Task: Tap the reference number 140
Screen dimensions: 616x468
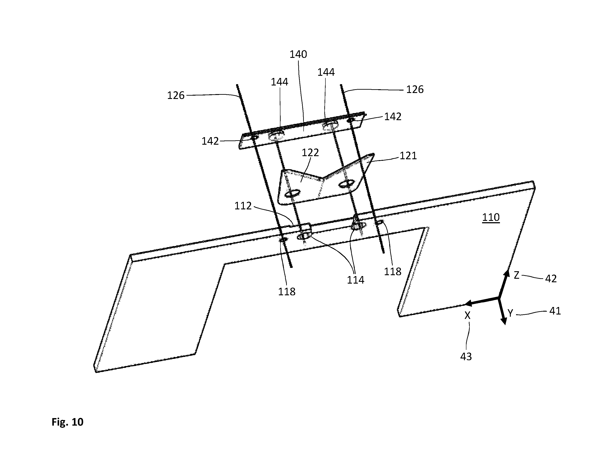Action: click(x=298, y=54)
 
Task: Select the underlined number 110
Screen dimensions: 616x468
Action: click(x=491, y=217)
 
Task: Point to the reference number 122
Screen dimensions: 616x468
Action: click(x=310, y=153)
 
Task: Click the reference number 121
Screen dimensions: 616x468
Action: click(x=408, y=156)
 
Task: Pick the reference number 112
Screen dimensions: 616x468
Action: click(x=243, y=206)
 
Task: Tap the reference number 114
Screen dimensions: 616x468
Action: click(x=356, y=280)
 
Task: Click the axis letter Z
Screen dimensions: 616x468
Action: click(x=516, y=275)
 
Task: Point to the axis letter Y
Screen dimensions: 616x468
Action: click(x=510, y=314)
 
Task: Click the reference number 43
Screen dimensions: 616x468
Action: click(x=466, y=356)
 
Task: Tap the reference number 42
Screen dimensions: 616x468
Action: click(x=551, y=279)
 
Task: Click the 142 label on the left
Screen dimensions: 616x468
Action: click(x=210, y=141)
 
